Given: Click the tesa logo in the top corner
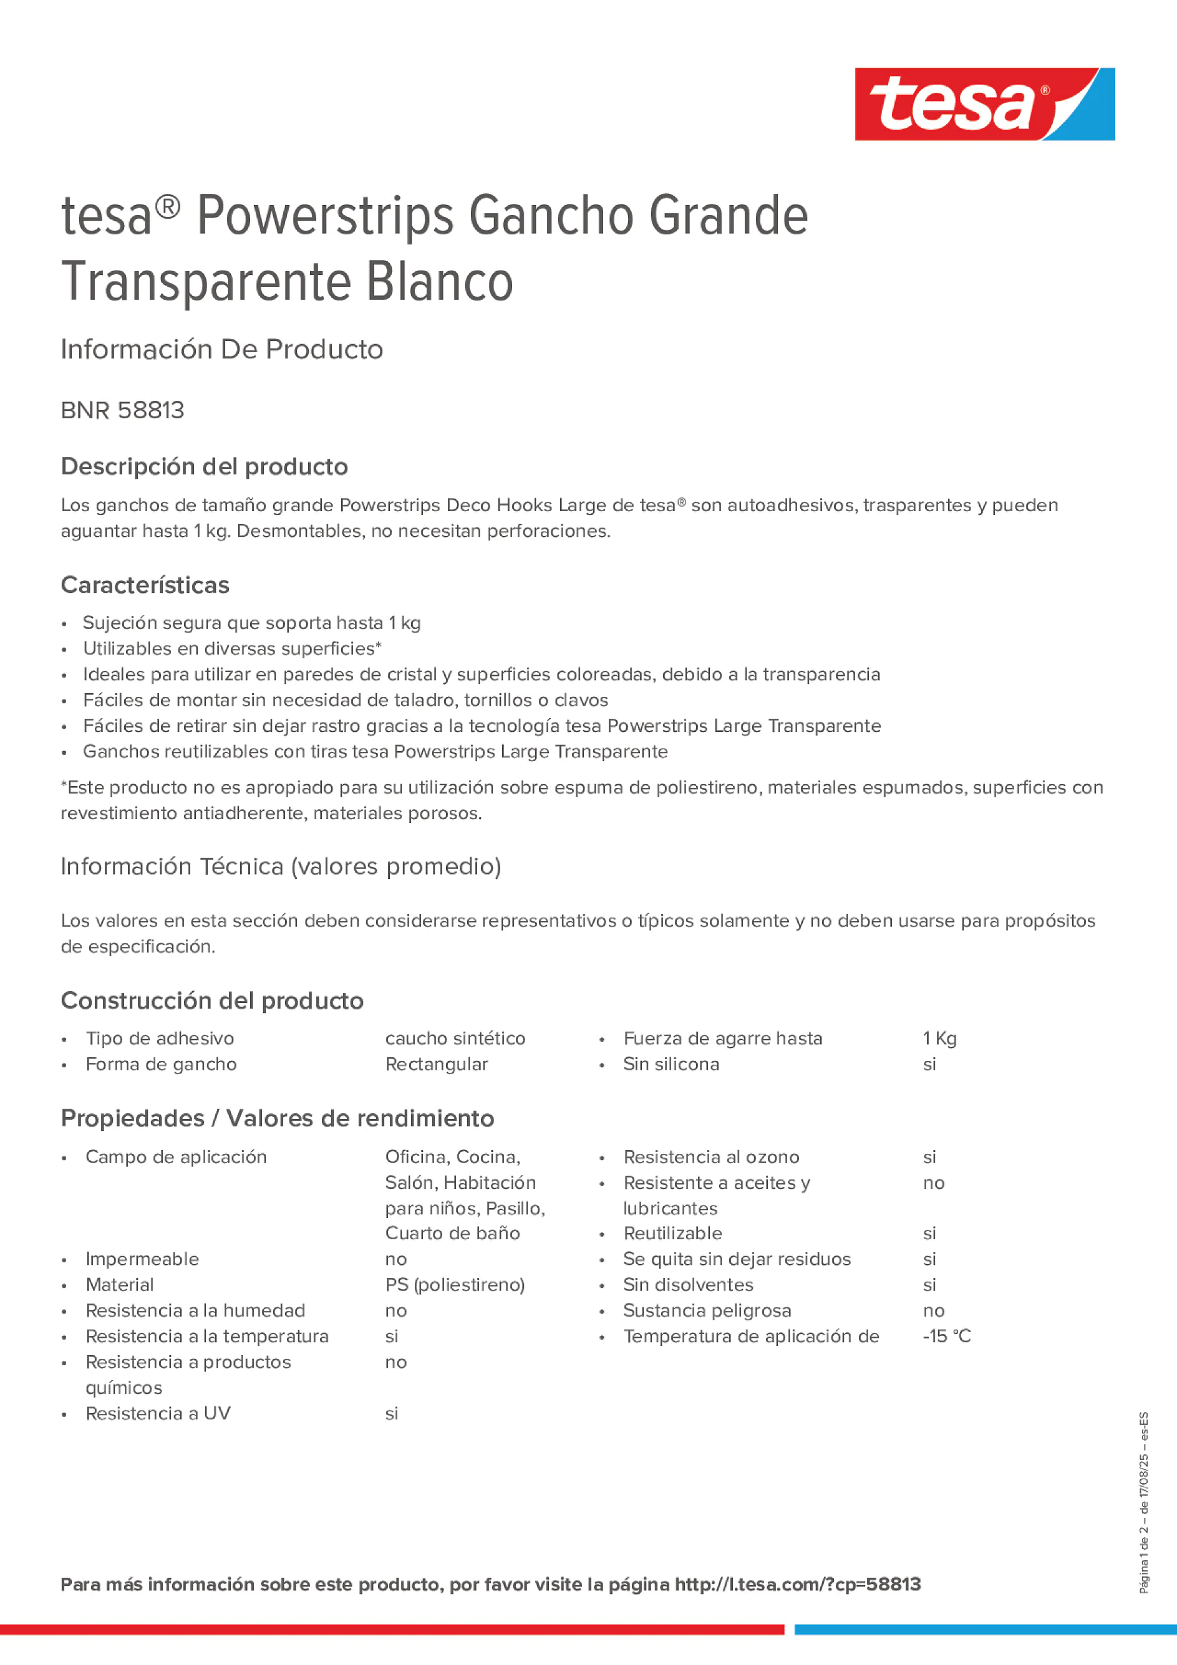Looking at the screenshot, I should click(x=984, y=105).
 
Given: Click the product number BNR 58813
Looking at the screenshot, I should click(x=123, y=410).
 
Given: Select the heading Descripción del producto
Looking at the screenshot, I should click(x=204, y=466).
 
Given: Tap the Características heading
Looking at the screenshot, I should click(x=145, y=585).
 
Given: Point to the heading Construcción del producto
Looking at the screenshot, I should click(x=212, y=1000).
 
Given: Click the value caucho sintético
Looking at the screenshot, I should click(x=455, y=1039).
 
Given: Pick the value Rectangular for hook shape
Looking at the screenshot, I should click(x=436, y=1064).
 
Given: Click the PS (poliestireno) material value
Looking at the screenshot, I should click(x=455, y=1284).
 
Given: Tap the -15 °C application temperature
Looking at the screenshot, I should click(x=946, y=1336).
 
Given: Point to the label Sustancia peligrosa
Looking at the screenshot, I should click(x=707, y=1310).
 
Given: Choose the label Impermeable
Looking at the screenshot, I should click(x=142, y=1259).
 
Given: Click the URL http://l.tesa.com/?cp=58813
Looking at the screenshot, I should click(x=798, y=1584).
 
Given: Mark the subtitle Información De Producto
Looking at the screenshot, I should click(x=221, y=349).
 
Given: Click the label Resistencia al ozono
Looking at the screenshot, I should click(x=711, y=1157).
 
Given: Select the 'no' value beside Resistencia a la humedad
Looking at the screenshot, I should click(x=395, y=1310).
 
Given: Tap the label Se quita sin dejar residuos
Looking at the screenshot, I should click(x=737, y=1259).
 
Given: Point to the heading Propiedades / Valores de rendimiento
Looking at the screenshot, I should click(x=277, y=1118).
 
